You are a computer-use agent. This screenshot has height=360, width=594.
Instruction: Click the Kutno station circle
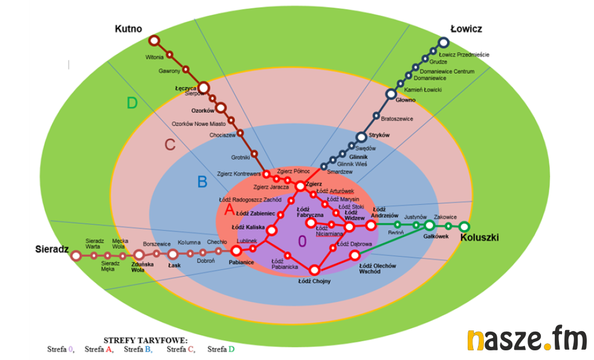(x=154, y=41)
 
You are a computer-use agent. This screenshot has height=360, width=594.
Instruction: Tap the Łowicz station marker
(x=444, y=42)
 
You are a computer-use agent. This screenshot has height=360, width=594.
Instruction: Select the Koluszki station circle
(x=464, y=227)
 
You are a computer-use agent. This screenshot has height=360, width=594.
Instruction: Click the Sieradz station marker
(x=76, y=256)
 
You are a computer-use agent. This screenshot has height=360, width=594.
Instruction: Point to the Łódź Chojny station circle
(x=314, y=270)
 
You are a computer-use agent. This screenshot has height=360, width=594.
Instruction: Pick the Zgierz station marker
(x=300, y=186)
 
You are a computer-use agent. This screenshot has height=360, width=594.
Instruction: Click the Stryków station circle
(x=361, y=137)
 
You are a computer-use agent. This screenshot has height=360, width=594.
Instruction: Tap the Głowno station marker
(x=392, y=94)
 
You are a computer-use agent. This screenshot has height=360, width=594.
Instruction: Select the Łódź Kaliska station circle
(x=271, y=230)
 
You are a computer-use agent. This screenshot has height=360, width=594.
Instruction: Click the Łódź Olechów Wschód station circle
(x=355, y=256)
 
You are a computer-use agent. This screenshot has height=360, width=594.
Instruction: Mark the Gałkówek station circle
(x=429, y=225)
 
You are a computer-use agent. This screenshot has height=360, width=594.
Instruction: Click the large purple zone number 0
(x=302, y=242)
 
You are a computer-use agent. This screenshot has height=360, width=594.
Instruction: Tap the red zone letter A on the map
(x=229, y=210)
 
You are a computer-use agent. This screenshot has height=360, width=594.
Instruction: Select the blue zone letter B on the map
(x=202, y=182)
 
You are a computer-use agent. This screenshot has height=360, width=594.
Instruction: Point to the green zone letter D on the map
(x=132, y=103)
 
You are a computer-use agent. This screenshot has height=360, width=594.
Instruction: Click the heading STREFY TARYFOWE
(x=146, y=341)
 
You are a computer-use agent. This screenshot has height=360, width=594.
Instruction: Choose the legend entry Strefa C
(x=181, y=349)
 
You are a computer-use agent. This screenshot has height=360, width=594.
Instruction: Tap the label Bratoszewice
(x=398, y=119)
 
